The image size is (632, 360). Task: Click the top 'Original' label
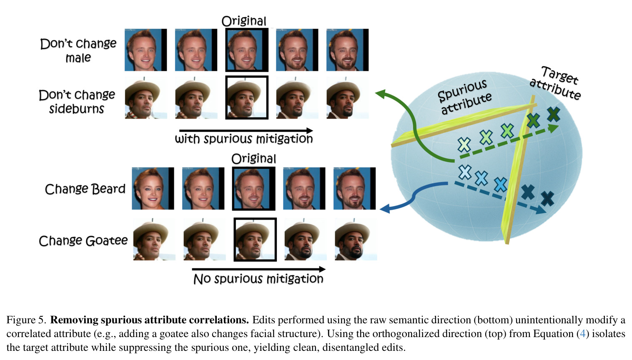pyautogui.click(x=244, y=21)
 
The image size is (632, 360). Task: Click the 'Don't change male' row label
pyautogui.click(x=78, y=50)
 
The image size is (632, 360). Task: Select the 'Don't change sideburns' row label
pyautogui.click(x=77, y=102)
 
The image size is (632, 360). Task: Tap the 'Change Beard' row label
pyautogui.click(x=85, y=189)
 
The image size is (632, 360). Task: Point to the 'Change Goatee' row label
pyautogui.click(x=83, y=241)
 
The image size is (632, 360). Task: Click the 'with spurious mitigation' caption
pyautogui.click(x=244, y=139)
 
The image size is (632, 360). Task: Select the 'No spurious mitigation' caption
pyautogui.click(x=258, y=279)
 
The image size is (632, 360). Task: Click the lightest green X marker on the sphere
pyautogui.click(x=464, y=145)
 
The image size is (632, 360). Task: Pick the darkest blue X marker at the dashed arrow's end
pyautogui.click(x=547, y=198)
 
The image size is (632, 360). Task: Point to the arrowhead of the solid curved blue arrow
pyautogui.click(x=384, y=209)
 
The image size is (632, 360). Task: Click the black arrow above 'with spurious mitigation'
pyautogui.click(x=246, y=130)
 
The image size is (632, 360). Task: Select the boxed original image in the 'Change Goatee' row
pyautogui.click(x=255, y=240)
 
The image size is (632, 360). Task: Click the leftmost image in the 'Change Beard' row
pyautogui.click(x=153, y=188)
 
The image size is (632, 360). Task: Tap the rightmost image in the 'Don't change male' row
pyautogui.click(x=347, y=50)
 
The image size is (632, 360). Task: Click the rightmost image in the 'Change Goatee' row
pyautogui.click(x=356, y=239)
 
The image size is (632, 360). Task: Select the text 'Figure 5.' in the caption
pyautogui.click(x=26, y=320)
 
